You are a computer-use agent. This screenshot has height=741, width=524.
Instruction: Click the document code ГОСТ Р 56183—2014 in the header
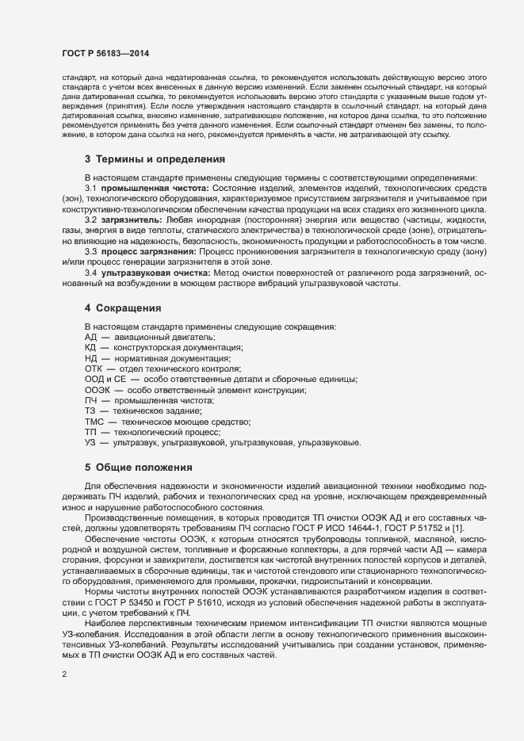click(105, 53)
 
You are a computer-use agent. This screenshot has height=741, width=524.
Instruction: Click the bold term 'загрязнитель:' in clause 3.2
click(132, 218)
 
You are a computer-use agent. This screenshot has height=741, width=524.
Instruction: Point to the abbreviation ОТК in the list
click(94, 369)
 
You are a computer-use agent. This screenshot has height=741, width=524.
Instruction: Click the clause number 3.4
click(90, 272)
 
